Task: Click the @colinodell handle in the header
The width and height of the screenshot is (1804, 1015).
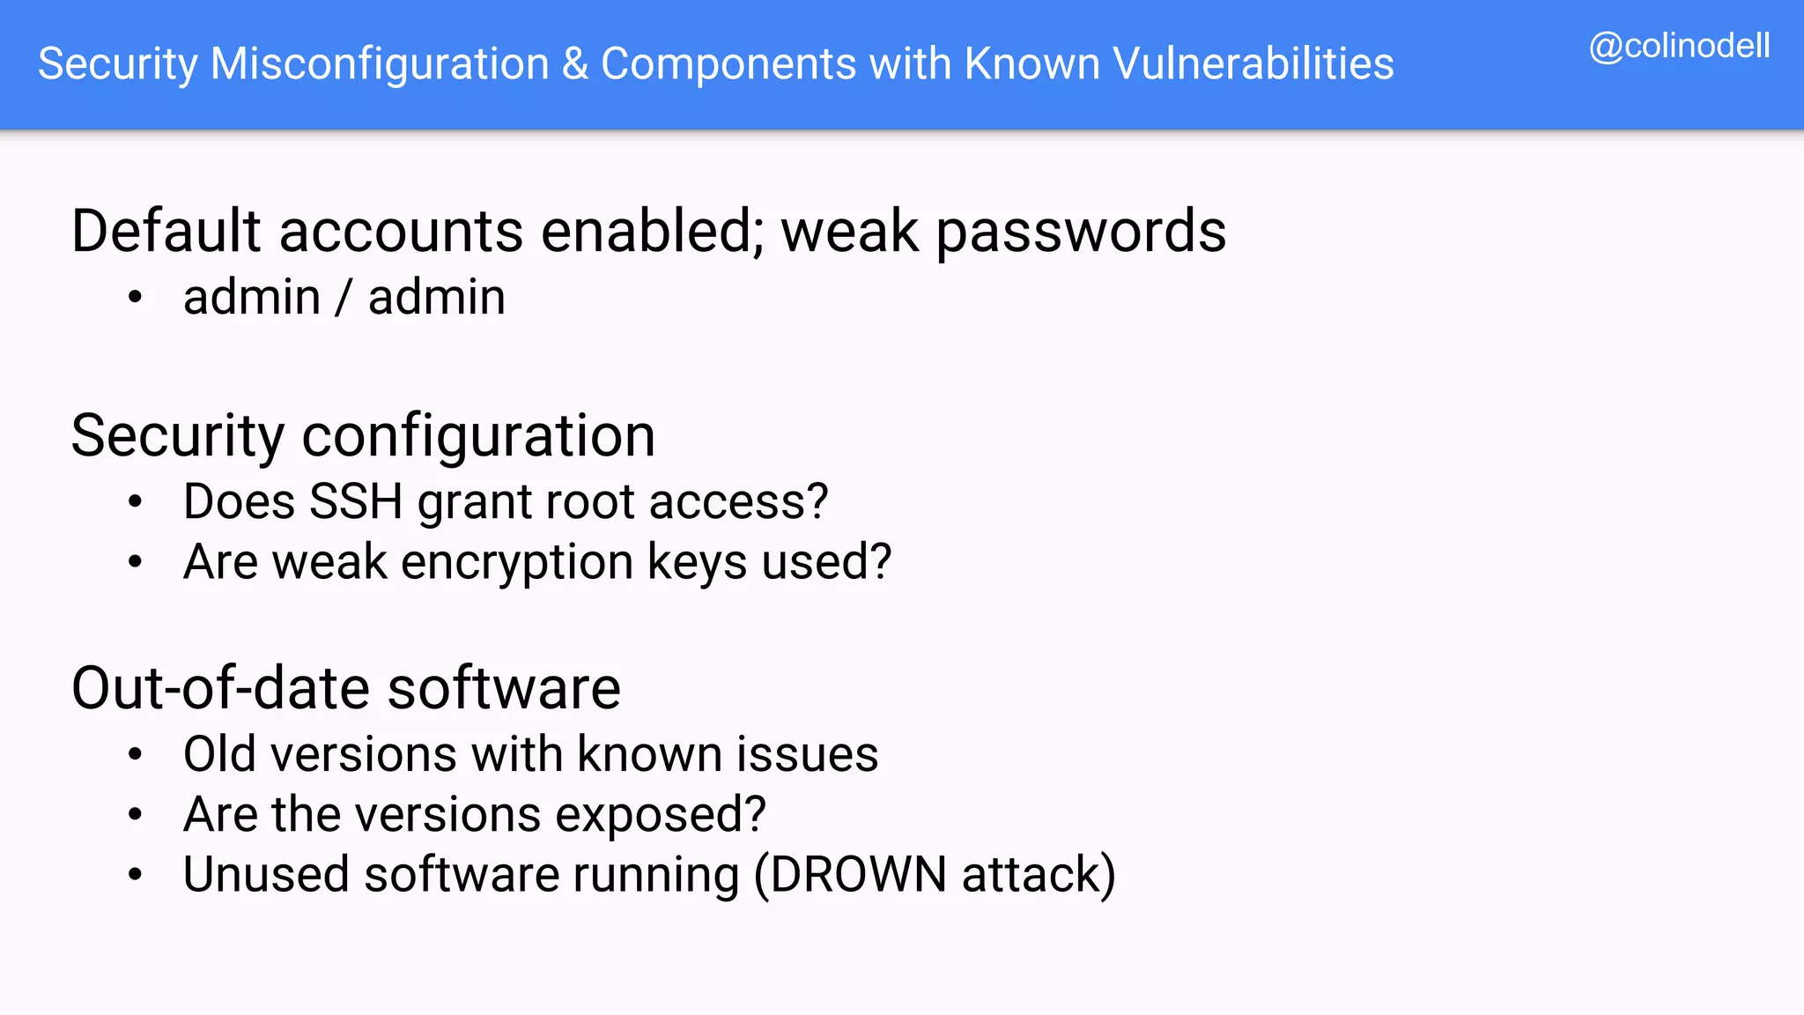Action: coord(1679,46)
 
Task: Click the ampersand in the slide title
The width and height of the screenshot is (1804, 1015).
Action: coord(575,64)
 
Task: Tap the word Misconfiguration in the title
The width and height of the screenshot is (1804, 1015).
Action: coord(380,64)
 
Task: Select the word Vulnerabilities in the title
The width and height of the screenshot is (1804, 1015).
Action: coord(1253,64)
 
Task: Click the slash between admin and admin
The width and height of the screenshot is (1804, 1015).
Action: coord(344,298)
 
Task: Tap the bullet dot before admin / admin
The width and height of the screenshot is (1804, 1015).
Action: coord(135,298)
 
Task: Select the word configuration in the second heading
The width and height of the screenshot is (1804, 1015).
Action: coord(478,436)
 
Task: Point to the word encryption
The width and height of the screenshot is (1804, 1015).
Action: coord(517,563)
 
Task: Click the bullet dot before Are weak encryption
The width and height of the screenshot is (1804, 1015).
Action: coord(135,562)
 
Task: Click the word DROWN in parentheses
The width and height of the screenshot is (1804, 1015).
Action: coord(858,875)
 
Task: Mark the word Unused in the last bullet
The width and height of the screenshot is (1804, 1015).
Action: coord(266,875)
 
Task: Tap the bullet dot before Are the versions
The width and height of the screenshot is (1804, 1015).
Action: coord(135,815)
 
